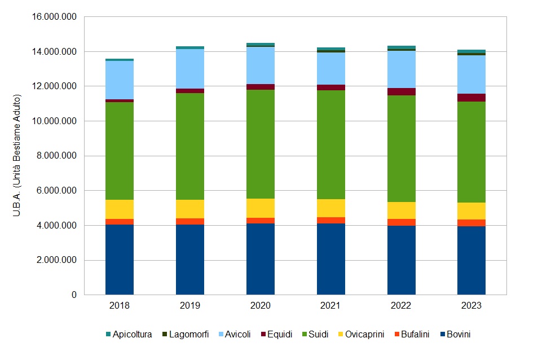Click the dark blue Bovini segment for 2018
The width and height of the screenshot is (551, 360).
(120, 260)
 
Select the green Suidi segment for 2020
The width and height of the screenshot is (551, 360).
(261, 144)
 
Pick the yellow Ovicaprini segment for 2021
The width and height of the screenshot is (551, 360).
(331, 208)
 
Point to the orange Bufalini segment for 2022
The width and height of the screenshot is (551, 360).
(402, 222)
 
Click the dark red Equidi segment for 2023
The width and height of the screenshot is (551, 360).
(471, 98)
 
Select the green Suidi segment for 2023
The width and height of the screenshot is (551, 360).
(471, 152)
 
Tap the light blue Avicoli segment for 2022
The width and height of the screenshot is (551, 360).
(402, 69)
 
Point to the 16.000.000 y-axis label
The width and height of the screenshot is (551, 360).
(54, 17)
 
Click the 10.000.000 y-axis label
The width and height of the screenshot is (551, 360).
(54, 121)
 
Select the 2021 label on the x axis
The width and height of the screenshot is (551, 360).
(331, 306)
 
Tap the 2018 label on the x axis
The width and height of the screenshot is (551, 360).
(120, 306)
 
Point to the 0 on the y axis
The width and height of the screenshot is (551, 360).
(73, 295)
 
